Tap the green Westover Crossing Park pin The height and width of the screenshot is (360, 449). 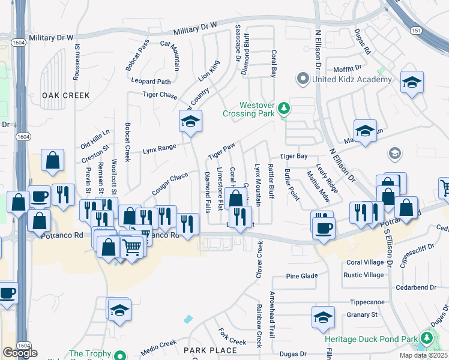point(285,109)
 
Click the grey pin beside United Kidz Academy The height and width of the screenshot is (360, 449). point(303,79)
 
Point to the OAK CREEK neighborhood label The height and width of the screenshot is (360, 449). point(66,95)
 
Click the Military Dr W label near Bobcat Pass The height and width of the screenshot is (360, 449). point(194,28)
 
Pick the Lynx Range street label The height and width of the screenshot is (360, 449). point(158,148)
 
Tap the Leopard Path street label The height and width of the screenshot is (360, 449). point(152,82)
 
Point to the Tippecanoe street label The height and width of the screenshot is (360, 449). point(366,302)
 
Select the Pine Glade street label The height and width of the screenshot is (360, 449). point(301,276)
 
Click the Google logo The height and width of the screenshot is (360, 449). point(20,353)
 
